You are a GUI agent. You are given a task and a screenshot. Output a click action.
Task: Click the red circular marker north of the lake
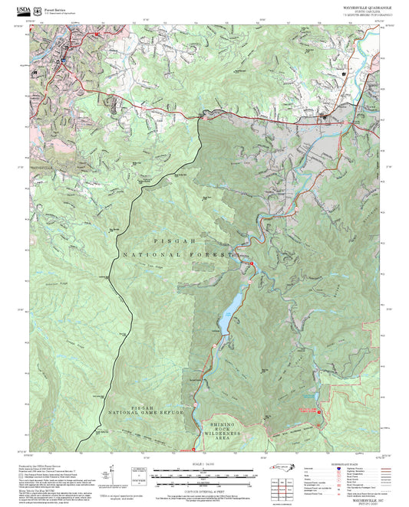(251, 263)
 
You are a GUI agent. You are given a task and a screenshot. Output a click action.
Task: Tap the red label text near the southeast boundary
(311, 411)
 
